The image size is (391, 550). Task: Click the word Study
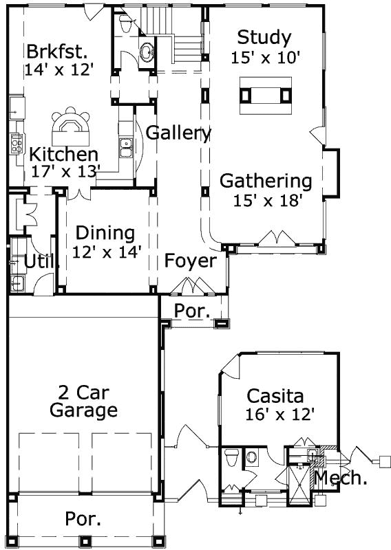point(264,36)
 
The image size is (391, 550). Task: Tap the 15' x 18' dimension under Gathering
point(266,200)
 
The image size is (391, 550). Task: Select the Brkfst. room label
point(57,52)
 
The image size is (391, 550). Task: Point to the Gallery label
point(178,132)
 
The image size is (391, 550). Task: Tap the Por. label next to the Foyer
point(191,311)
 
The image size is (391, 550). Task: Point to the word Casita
point(275,396)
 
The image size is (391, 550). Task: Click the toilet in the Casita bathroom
point(231,455)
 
